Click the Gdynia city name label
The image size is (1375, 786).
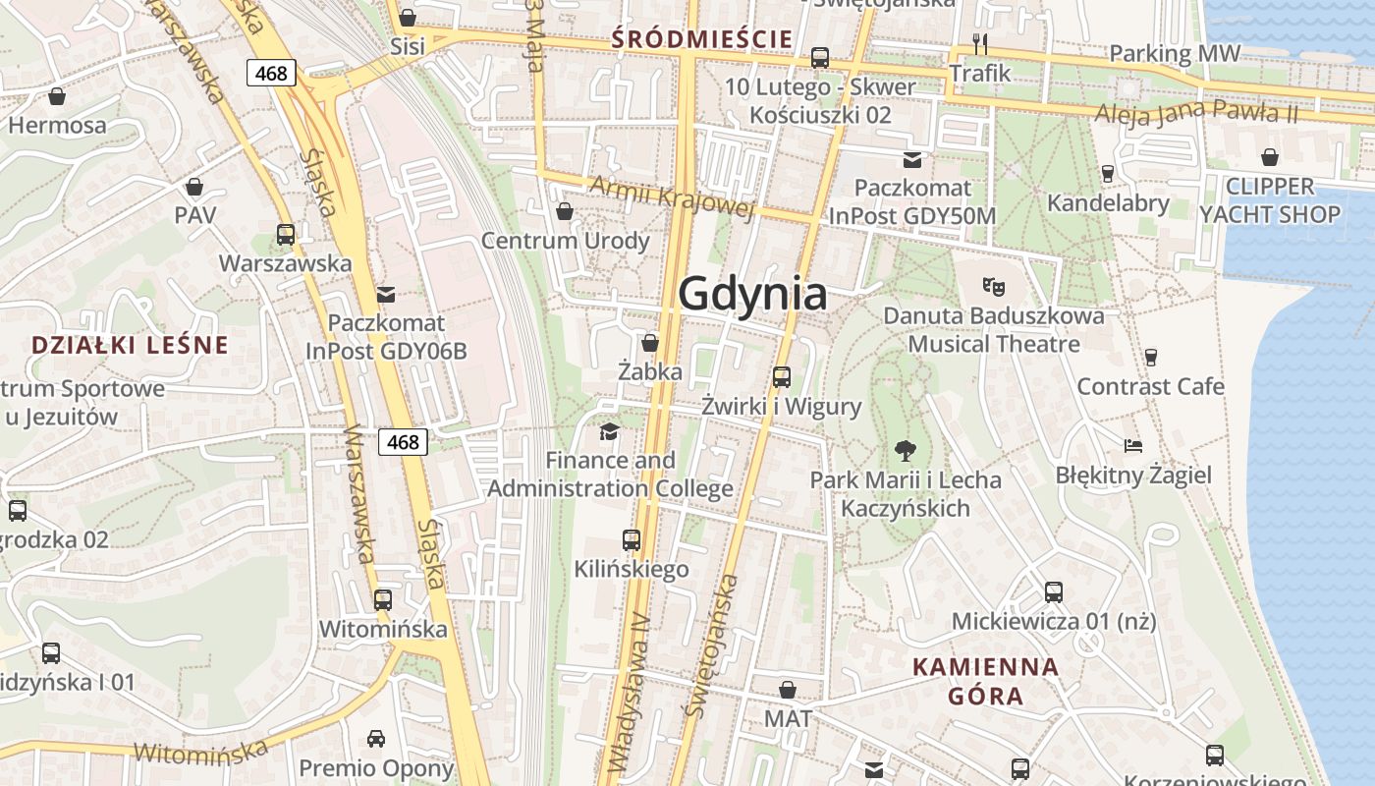point(752,294)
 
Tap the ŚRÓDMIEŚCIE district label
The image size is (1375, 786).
point(701,39)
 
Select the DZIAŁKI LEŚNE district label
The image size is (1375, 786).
point(130,345)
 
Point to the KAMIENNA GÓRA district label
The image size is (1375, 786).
point(986,681)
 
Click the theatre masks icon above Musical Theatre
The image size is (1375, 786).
point(994,287)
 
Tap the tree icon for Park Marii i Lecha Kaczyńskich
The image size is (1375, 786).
point(906,451)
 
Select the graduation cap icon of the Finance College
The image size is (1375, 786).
point(610,431)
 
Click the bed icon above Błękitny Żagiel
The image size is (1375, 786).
point(1133,446)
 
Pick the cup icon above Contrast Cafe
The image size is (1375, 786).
point(1151,357)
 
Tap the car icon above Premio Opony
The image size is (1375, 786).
point(376,738)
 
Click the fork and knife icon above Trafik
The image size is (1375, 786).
point(979,43)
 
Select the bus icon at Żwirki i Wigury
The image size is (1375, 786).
point(782,376)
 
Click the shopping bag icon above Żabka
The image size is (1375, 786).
point(649,343)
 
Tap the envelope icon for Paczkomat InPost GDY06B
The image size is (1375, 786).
point(386,294)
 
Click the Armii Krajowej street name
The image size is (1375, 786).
point(672,196)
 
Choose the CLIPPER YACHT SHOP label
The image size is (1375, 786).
point(1270,200)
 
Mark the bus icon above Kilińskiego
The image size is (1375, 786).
point(632,539)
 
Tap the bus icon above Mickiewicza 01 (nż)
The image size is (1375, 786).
point(1054,592)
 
